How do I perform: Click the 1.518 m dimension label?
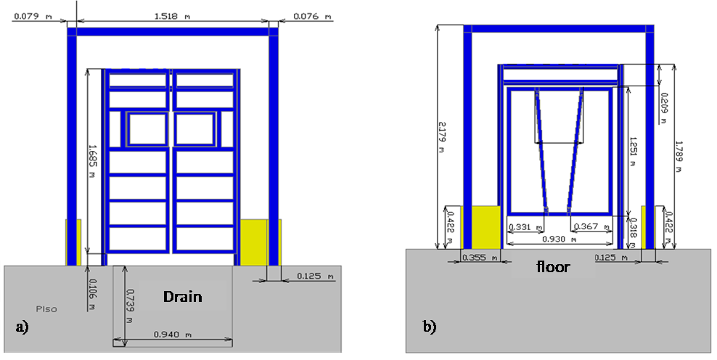173,15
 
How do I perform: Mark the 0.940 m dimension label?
173,335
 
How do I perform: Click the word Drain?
182,296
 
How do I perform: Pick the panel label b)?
430,327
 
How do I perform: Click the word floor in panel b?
553,267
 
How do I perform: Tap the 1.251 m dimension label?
633,154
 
